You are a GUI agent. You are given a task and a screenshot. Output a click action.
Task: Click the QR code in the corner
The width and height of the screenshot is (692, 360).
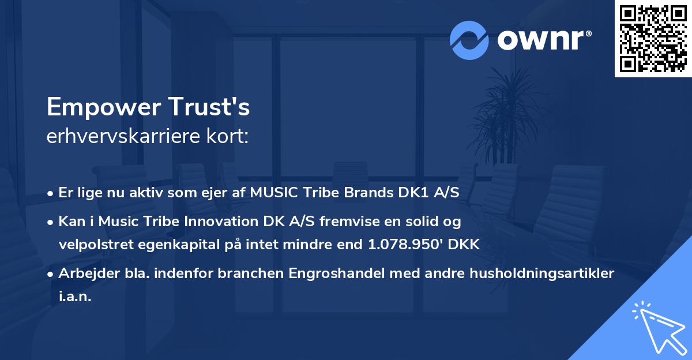pos(653,38)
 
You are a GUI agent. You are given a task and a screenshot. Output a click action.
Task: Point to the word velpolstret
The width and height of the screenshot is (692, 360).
pos(95,244)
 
